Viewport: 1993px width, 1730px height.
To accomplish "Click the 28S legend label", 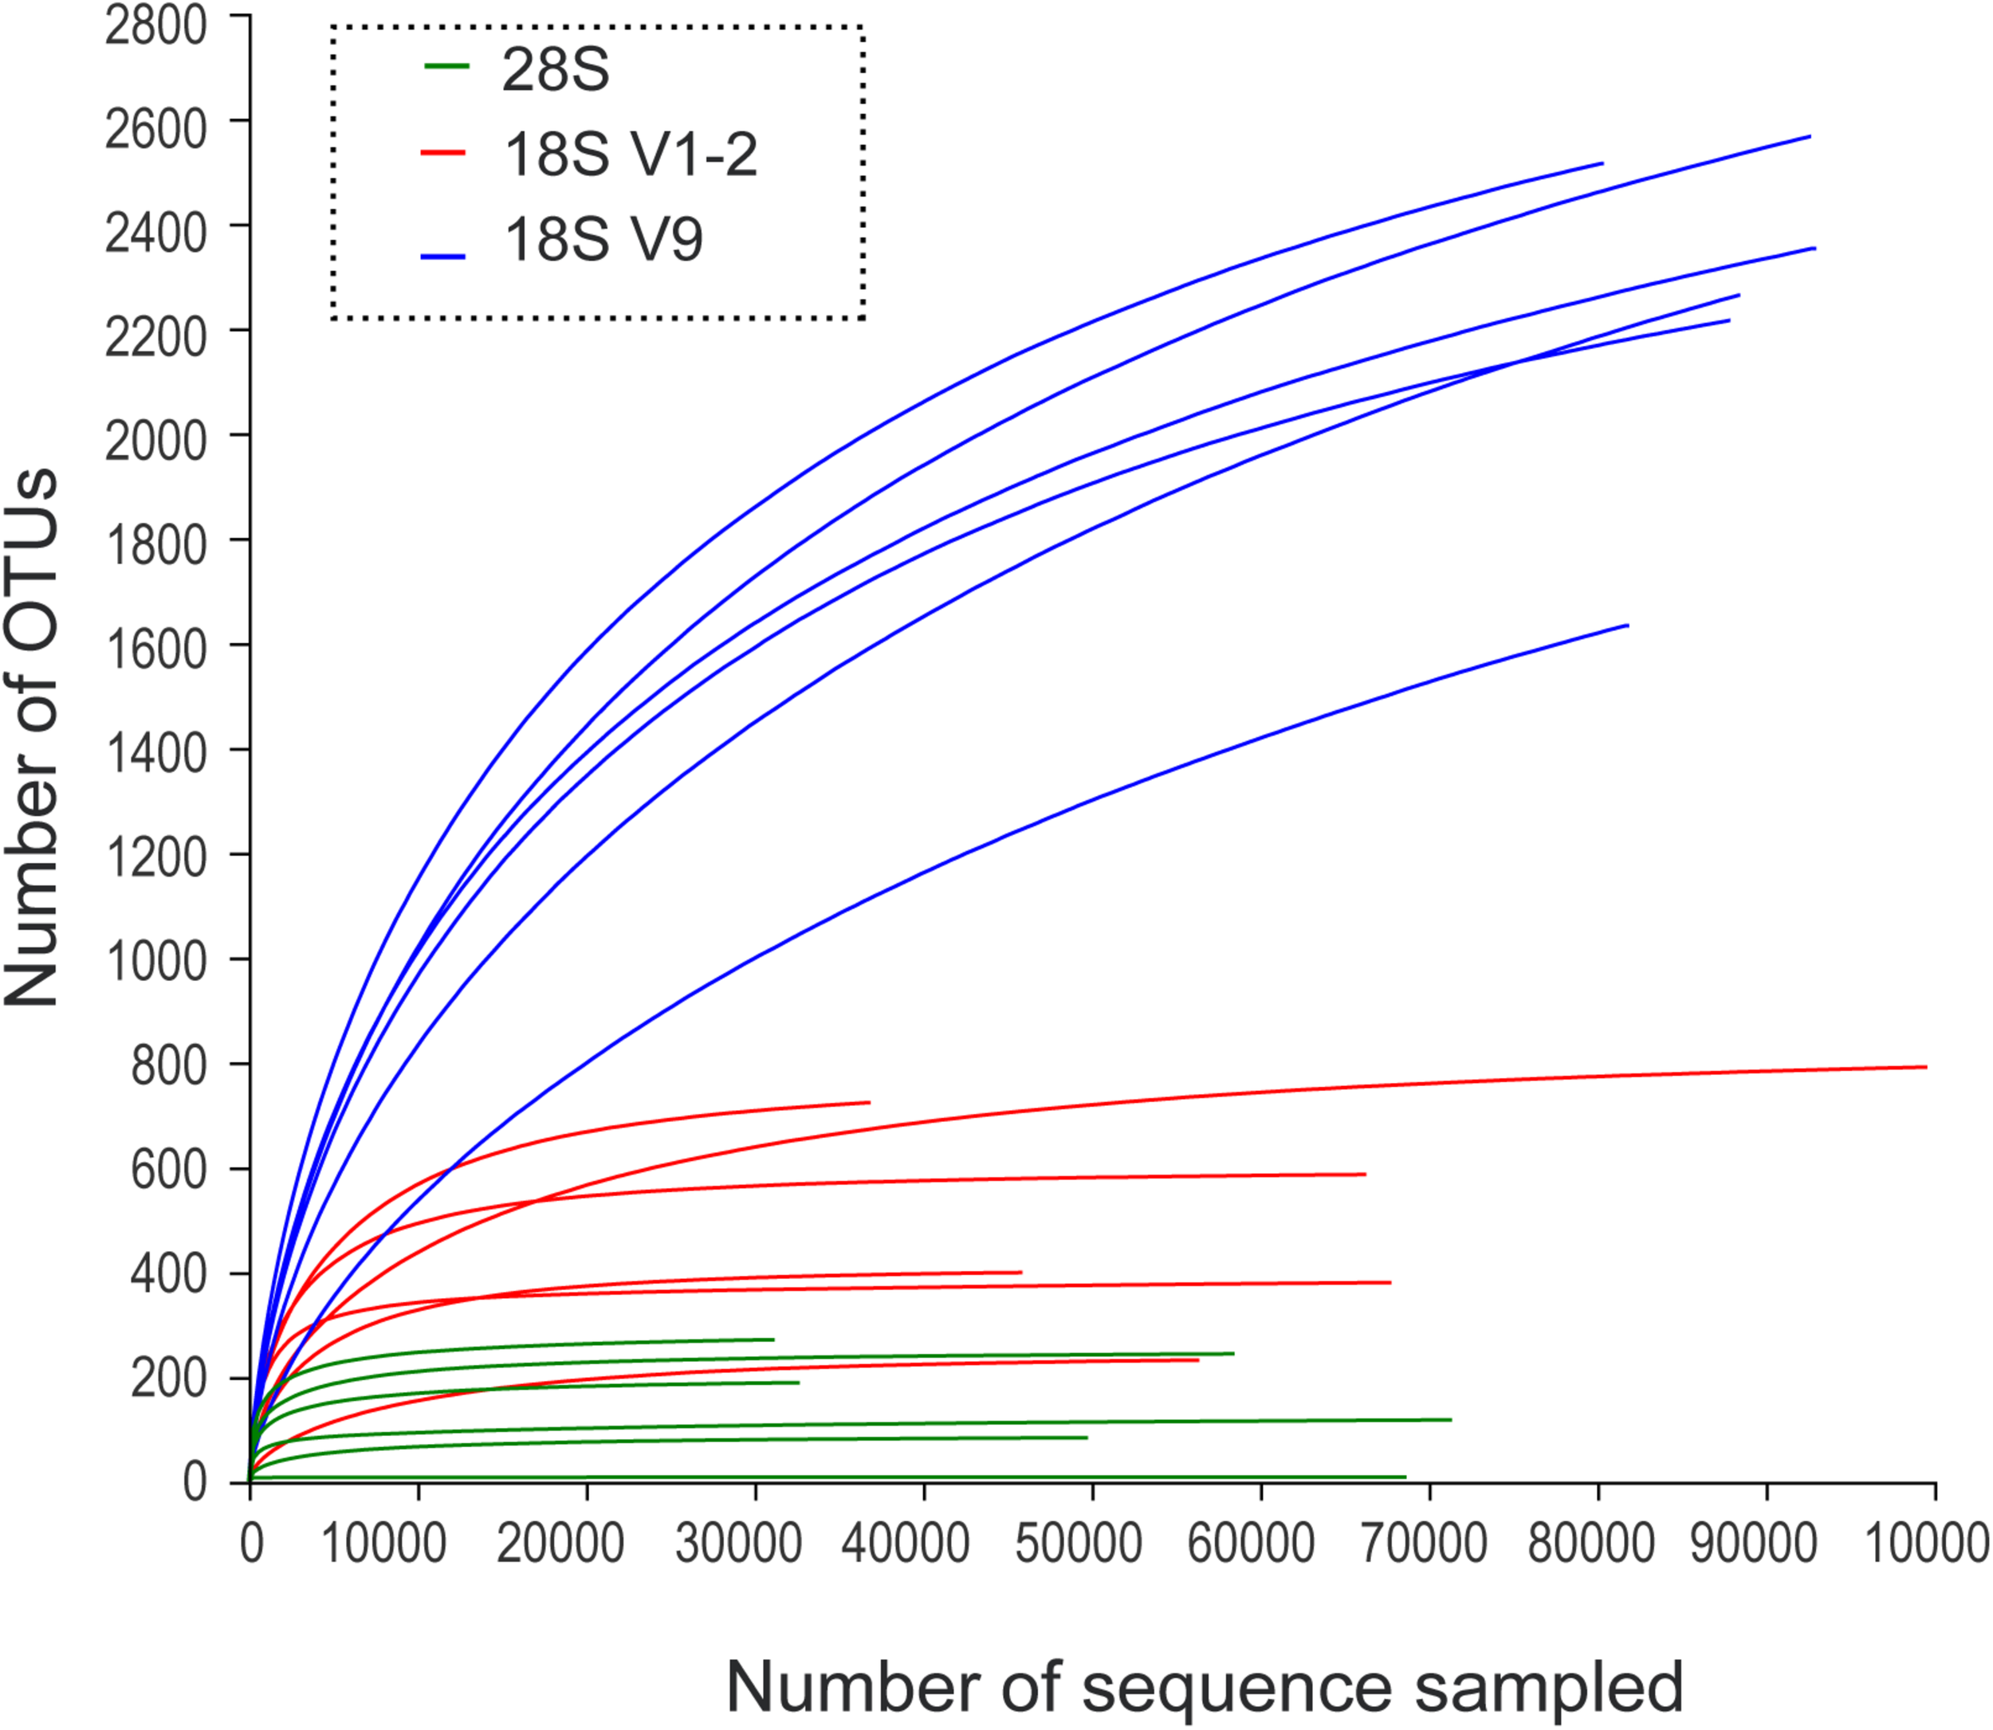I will [x=555, y=69].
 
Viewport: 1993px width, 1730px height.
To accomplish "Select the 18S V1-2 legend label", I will [x=631, y=154].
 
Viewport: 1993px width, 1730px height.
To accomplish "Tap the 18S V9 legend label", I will [x=603, y=238].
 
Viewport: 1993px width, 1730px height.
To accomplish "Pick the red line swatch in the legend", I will [x=443, y=152].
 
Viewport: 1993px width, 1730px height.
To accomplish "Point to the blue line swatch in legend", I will [x=443, y=257].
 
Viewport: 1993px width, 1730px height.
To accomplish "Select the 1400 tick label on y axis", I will [x=155, y=753].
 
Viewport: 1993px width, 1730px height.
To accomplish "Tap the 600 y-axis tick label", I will [x=168, y=1170].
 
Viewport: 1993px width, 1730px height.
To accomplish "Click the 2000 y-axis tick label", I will [x=155, y=440].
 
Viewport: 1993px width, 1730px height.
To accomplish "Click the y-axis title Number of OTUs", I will [x=33, y=739].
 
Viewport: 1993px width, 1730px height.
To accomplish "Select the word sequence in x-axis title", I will [x=1236, y=1686].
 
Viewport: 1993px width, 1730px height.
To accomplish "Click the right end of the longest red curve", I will [x=1925, y=1067].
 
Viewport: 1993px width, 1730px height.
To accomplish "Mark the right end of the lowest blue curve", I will [x=1628, y=626].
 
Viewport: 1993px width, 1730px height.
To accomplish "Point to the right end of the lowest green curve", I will [x=1405, y=1477].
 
